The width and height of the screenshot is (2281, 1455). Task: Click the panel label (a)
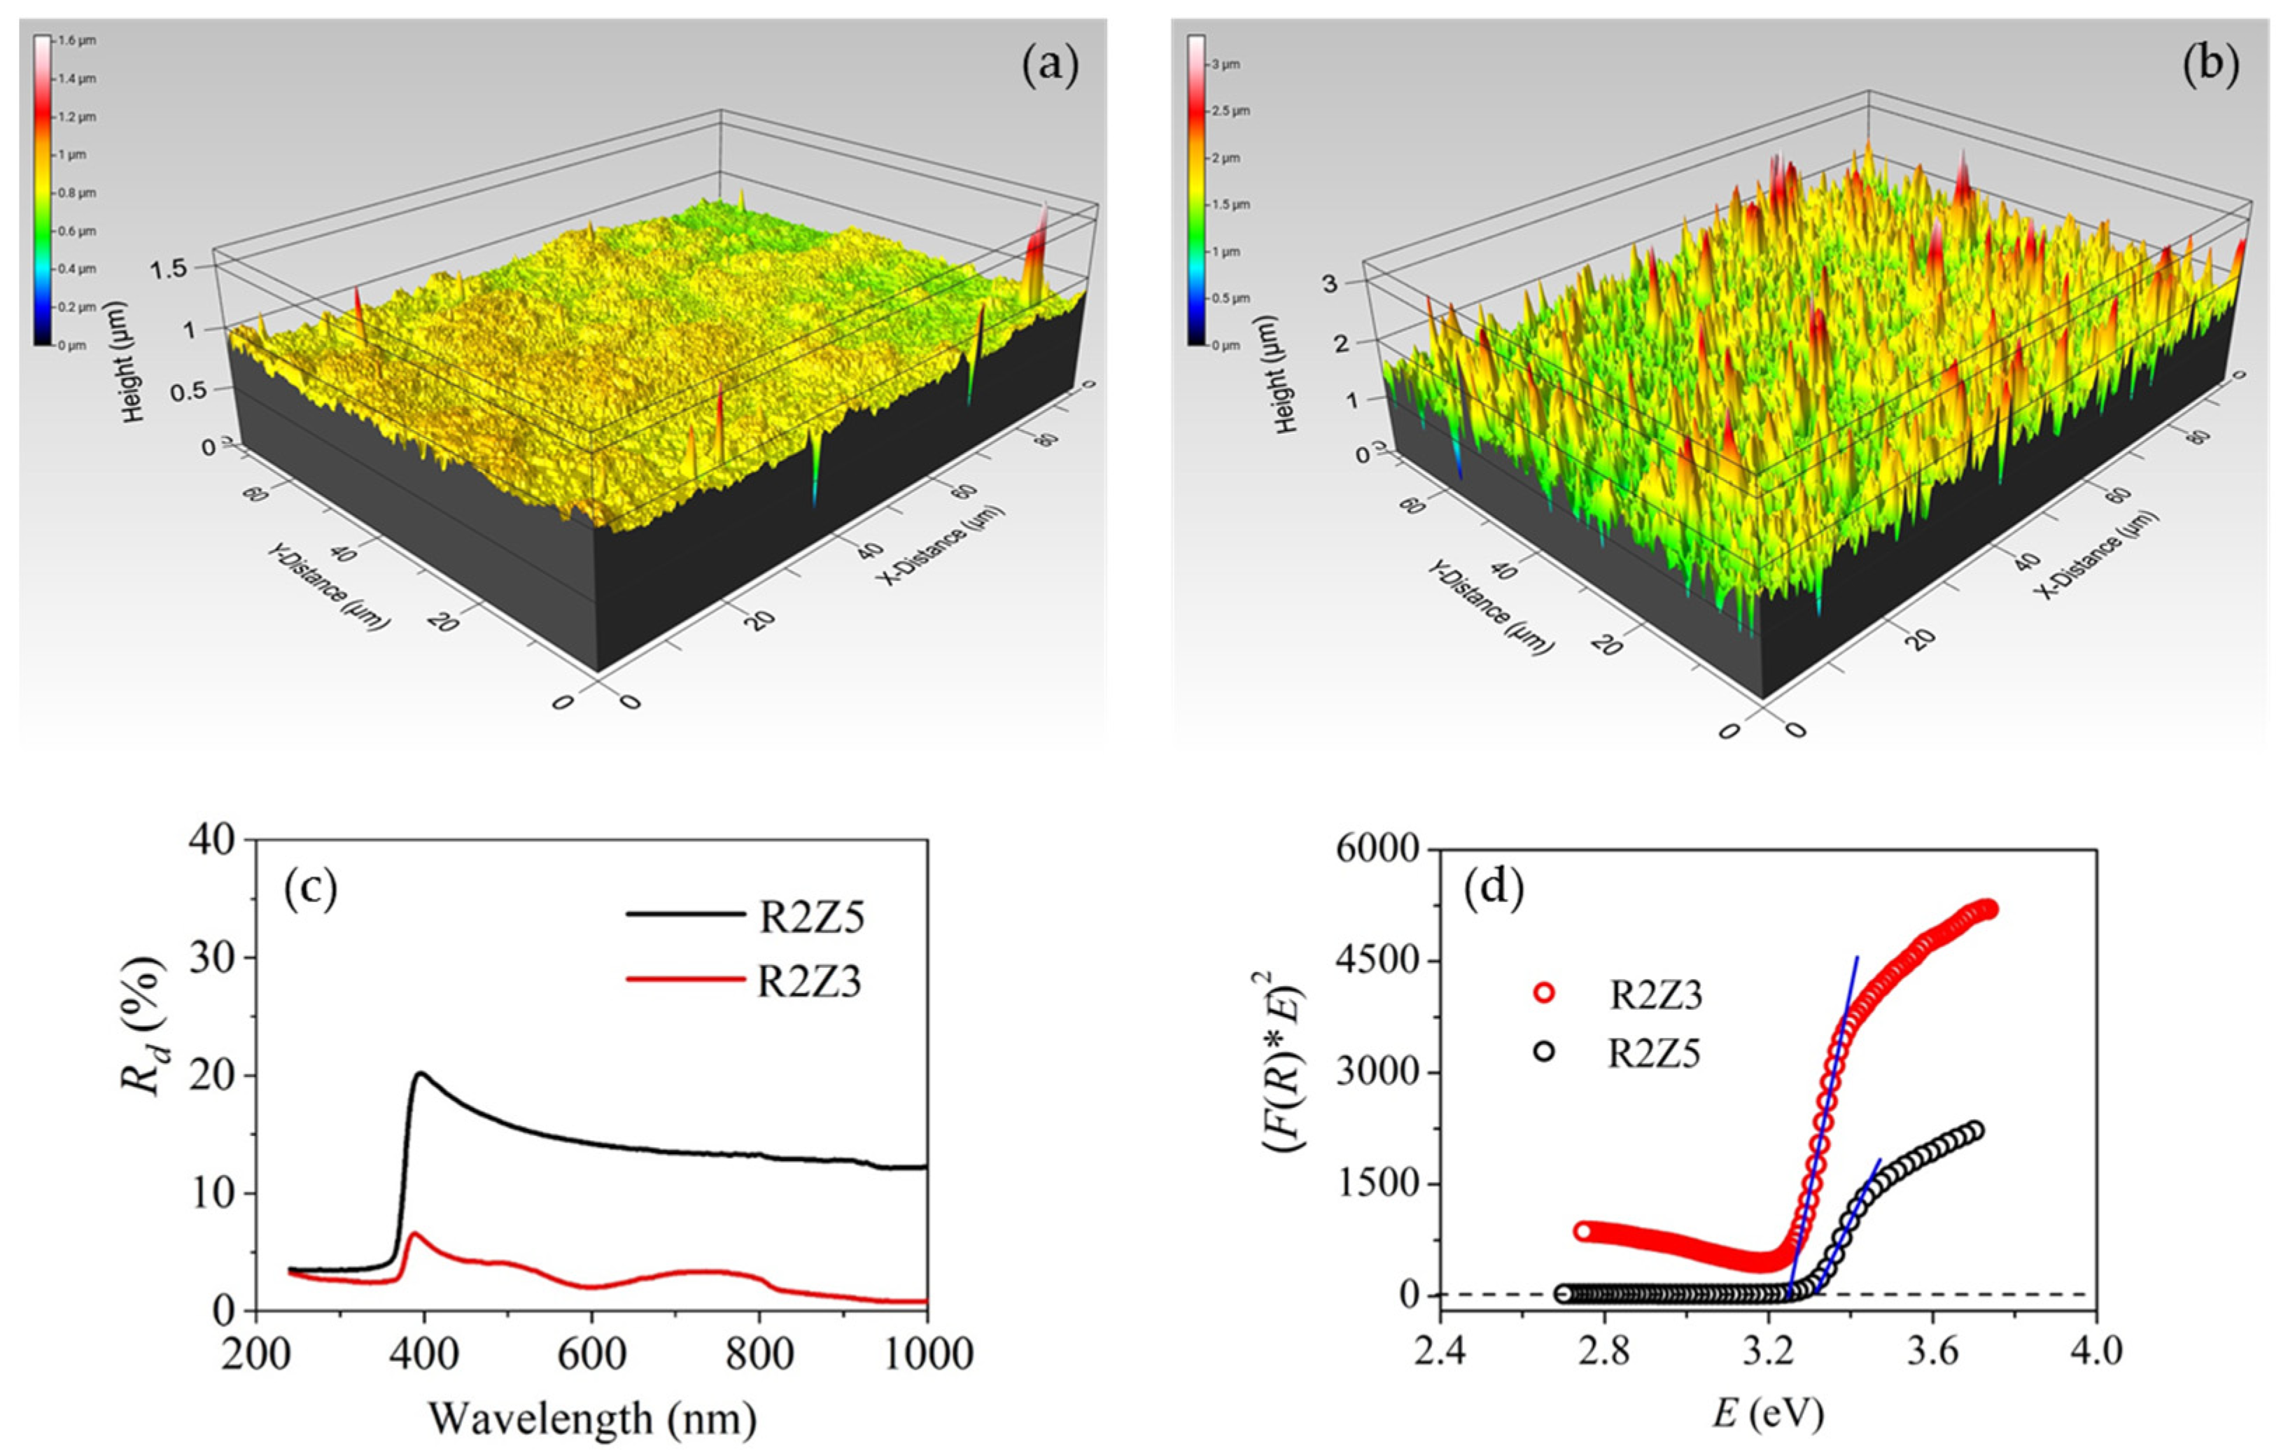tap(1050, 68)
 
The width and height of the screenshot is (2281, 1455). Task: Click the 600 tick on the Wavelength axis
tap(591, 1355)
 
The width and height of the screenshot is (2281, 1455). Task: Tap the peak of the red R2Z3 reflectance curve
tap(414, 1235)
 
